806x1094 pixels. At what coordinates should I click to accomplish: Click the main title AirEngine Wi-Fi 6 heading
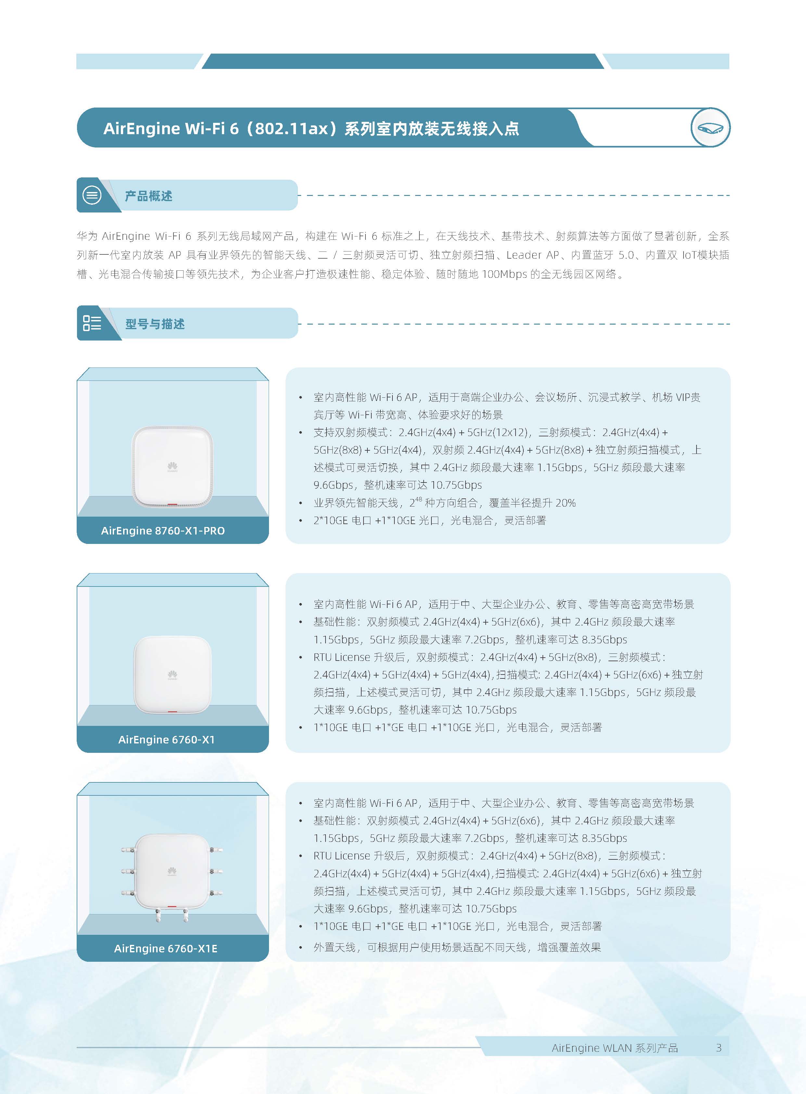coord(311,128)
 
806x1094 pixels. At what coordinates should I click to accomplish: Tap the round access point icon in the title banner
coord(710,127)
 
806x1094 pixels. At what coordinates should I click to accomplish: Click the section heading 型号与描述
coord(155,324)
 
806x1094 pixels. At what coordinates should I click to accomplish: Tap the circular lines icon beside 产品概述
coord(92,195)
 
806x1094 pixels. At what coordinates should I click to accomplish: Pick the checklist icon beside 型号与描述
coord(92,323)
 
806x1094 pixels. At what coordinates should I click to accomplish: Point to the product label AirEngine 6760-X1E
coord(166,948)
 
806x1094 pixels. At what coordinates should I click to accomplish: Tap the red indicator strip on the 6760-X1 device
coord(172,712)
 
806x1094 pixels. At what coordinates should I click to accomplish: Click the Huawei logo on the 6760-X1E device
coord(172,871)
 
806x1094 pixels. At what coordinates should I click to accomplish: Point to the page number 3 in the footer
coord(719,1048)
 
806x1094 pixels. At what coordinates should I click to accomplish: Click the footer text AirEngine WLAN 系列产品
coord(615,1048)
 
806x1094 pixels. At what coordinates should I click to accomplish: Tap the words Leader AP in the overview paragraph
coord(533,255)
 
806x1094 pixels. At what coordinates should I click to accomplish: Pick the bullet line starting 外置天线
coord(457,947)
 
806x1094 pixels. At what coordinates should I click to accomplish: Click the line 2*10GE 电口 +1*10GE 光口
coord(429,521)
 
